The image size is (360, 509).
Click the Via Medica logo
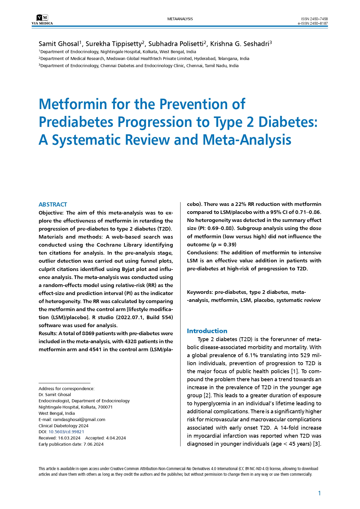[x=42, y=20]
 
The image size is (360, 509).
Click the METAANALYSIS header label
[x=180, y=19]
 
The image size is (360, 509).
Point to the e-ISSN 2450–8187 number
[x=313, y=23]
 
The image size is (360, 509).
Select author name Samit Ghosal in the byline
[x=59, y=44]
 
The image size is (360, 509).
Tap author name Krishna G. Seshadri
[x=239, y=44]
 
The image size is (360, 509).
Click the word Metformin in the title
[x=73, y=104]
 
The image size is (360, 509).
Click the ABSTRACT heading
[x=53, y=204]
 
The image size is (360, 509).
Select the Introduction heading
[x=207, y=331]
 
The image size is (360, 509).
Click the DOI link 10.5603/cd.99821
[x=66, y=432]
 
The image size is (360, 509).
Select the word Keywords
[x=199, y=292]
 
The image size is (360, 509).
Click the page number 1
[x=320, y=493]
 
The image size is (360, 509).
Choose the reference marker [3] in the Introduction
[x=317, y=444]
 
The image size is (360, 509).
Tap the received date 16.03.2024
[x=69, y=438]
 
